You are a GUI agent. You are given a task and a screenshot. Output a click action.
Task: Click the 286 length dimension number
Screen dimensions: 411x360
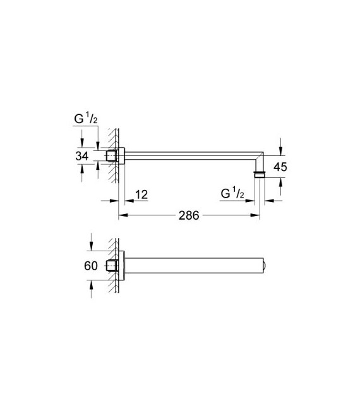point(189,215)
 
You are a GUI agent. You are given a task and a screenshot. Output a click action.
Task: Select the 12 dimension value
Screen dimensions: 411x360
point(141,194)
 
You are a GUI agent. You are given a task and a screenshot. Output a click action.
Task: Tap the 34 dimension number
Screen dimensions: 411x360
point(82,156)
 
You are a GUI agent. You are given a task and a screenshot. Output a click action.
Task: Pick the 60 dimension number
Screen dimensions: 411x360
point(90,266)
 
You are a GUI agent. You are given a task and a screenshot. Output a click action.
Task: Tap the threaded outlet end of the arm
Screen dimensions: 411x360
point(259,173)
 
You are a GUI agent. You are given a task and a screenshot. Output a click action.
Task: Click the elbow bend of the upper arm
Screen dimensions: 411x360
point(259,155)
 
